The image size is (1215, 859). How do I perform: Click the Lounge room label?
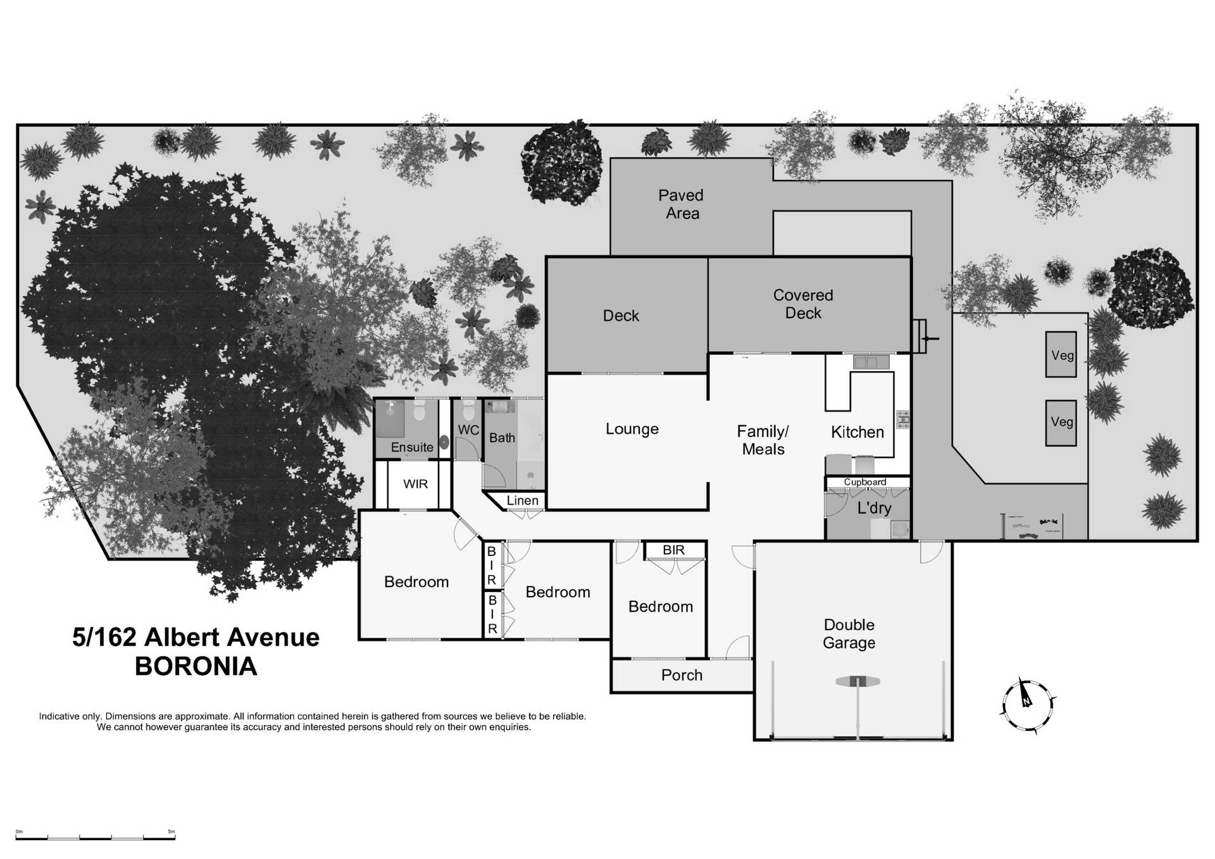[632, 429]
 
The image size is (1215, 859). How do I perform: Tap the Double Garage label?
[849, 634]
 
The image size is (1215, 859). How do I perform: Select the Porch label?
[682, 675]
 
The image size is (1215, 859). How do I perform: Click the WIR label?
[415, 484]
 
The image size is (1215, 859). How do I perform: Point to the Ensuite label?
[412, 447]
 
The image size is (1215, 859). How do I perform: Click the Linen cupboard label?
[522, 500]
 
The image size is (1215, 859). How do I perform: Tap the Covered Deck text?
[802, 304]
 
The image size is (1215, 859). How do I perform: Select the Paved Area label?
[681, 204]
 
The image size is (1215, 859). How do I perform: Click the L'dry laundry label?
[874, 508]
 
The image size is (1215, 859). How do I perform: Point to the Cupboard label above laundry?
[864, 482]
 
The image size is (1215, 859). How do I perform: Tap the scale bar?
[95, 837]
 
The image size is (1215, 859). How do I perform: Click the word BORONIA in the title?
[196, 667]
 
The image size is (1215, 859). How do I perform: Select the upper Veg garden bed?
[1061, 355]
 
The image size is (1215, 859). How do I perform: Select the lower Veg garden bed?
[1061, 422]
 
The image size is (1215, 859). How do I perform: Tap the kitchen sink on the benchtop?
[871, 362]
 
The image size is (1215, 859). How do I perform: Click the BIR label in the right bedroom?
[673, 550]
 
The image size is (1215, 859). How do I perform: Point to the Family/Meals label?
[763, 440]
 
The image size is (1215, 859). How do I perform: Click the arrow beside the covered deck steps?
[930, 338]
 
